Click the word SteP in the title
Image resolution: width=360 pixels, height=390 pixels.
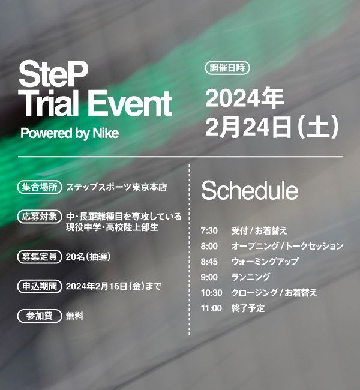(53, 74)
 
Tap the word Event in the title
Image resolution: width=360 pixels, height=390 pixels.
(130, 103)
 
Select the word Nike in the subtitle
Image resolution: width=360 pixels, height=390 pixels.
(106, 133)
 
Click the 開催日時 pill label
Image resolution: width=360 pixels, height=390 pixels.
(227, 68)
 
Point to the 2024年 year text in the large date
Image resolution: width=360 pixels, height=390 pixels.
(244, 98)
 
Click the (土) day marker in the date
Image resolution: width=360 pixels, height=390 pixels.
(318, 127)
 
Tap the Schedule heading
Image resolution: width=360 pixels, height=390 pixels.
(250, 191)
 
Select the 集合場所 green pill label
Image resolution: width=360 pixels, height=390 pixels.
(40, 187)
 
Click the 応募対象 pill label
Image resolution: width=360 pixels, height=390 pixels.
(40, 217)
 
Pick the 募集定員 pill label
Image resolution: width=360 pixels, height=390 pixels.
(40, 257)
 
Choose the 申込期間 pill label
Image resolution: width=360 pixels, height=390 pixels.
(40, 287)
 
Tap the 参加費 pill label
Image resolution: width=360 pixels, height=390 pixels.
(40, 316)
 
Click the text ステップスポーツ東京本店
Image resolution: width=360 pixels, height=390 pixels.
(116, 187)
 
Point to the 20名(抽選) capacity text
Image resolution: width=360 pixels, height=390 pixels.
(88, 257)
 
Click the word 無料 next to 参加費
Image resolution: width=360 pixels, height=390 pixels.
(74, 316)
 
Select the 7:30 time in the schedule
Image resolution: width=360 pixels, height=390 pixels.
(209, 231)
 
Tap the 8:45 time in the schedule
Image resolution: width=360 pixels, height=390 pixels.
(209, 262)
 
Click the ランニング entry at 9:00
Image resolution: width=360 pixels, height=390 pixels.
(251, 277)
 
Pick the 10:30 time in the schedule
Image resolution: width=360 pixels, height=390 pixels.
(211, 293)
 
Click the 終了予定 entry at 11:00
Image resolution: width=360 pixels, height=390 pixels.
(248, 308)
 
